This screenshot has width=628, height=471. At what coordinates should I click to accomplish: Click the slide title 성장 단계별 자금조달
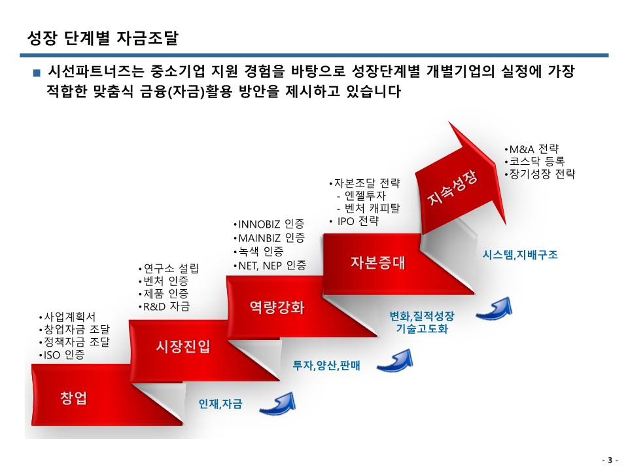103,38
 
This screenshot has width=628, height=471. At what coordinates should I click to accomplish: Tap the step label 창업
73,398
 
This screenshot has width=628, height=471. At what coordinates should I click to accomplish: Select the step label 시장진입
183,346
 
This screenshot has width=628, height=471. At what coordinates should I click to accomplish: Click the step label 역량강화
277,307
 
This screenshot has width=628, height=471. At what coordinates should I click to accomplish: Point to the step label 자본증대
378,262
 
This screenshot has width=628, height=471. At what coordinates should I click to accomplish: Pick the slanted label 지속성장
453,188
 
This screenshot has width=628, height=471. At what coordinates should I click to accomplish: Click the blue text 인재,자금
220,404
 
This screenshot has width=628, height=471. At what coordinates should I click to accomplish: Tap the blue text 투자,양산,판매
326,365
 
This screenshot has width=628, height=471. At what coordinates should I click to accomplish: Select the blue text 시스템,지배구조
520,254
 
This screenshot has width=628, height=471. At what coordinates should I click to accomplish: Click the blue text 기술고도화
422,329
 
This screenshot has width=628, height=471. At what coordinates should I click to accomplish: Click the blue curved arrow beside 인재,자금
278,404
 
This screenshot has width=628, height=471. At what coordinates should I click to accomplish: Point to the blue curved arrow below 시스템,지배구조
495,309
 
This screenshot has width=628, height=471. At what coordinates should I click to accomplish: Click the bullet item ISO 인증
61,355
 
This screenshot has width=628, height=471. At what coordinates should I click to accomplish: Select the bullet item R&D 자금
164,307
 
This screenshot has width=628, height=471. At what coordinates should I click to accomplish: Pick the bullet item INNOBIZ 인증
269,224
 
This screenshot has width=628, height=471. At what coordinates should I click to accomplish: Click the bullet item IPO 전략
354,221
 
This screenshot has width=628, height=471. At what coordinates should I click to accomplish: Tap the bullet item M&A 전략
532,149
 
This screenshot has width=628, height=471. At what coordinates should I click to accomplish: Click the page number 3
610,460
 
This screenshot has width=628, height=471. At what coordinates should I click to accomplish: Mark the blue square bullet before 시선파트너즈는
37,73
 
